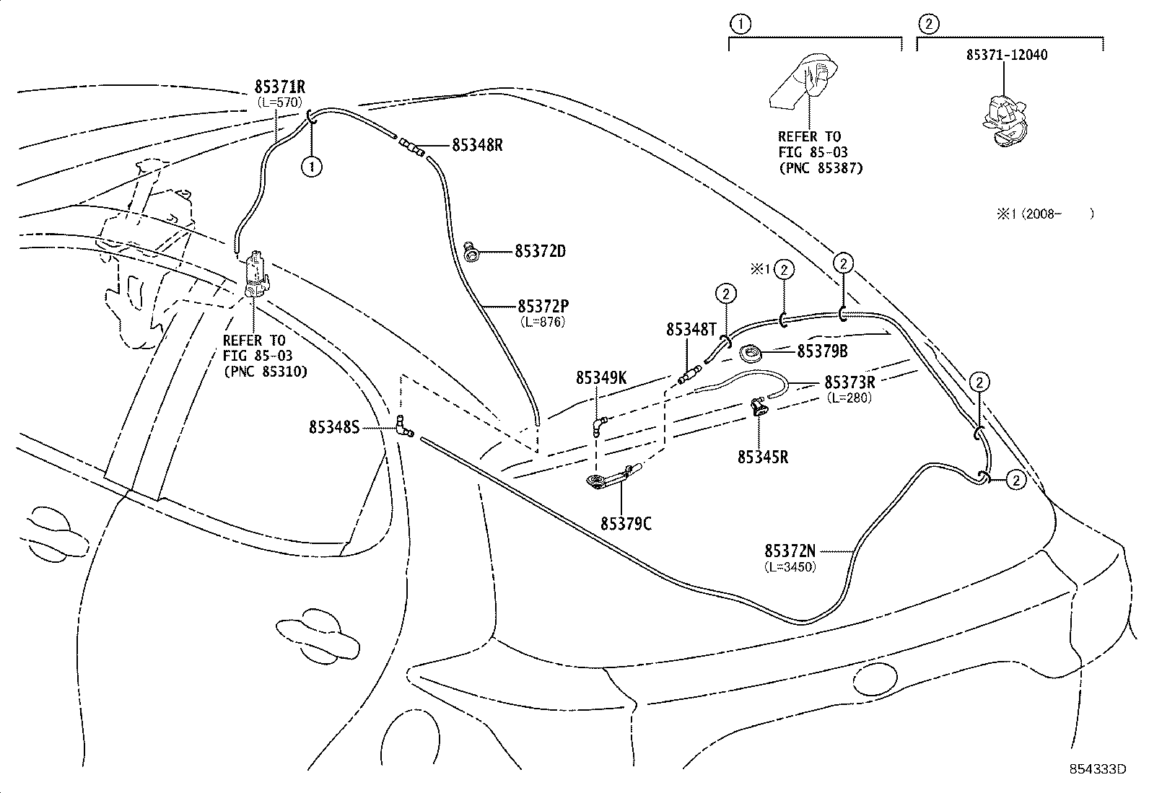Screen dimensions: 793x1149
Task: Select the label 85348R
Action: [477, 144]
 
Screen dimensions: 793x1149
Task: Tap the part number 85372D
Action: [540, 251]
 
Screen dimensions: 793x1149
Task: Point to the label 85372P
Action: [542, 306]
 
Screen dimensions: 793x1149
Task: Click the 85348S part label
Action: [334, 427]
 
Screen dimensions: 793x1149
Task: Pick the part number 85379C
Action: [626, 523]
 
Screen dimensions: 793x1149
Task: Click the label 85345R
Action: [763, 456]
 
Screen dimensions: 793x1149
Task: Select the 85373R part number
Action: [849, 382]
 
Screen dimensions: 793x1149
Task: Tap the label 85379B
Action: [822, 351]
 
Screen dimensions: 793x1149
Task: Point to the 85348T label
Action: [691, 329]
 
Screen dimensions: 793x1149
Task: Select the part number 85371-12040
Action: [1008, 55]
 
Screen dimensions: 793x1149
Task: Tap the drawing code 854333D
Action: [1098, 769]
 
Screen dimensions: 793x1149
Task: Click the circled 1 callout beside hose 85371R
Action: [311, 166]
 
